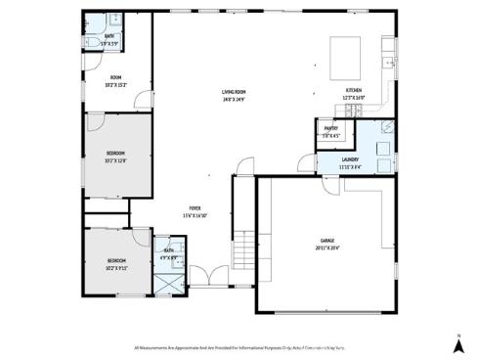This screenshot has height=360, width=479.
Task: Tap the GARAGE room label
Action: click(x=327, y=240)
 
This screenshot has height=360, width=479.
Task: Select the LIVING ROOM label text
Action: click(x=233, y=91)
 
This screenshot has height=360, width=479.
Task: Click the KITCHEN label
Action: click(x=353, y=91)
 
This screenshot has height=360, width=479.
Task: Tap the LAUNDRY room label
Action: click(x=350, y=159)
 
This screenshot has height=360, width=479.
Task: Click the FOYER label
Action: click(x=196, y=209)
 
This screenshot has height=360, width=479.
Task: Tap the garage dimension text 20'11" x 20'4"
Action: click(x=327, y=247)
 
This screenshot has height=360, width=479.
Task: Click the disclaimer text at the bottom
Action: click(x=240, y=346)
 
